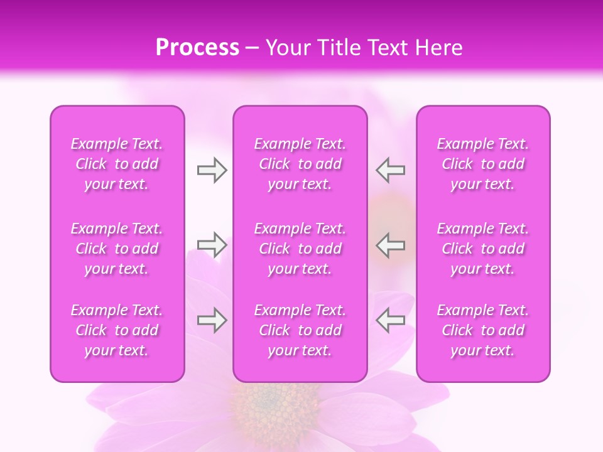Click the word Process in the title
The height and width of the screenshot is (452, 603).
197,48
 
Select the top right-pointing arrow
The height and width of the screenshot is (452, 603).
212,170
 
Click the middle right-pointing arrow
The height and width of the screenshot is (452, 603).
212,245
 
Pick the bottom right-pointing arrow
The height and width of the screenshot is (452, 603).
212,321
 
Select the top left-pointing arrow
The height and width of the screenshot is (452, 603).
391,170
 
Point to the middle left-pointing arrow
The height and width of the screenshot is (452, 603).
391,245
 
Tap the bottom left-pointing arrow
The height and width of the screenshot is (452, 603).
391,321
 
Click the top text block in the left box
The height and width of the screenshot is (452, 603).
117,164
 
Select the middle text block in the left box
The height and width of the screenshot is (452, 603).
117,249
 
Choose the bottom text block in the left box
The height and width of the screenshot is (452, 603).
117,330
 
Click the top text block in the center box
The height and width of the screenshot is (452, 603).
300,164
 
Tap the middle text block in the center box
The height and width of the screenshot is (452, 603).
300,249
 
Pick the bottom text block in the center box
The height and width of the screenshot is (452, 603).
300,330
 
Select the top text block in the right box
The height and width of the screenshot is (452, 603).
483,164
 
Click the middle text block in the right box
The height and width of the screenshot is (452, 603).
483,249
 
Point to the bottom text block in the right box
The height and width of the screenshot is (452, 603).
483,330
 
